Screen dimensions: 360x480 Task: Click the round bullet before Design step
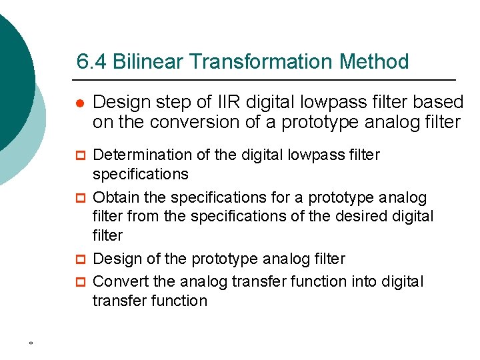79,103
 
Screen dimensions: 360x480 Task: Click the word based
440,102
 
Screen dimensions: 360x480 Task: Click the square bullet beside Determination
79,156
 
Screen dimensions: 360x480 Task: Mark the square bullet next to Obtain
79,199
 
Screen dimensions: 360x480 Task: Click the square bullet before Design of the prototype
79,259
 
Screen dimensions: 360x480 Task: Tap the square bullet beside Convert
79,283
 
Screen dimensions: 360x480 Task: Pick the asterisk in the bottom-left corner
31,344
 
